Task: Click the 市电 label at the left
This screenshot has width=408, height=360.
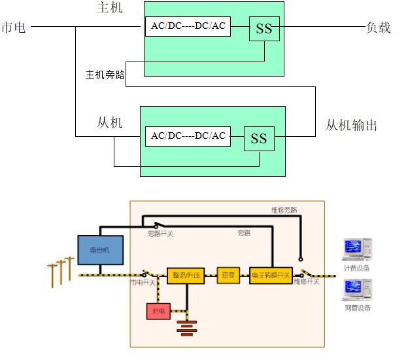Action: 14,27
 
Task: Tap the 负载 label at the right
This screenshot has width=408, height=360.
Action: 378,27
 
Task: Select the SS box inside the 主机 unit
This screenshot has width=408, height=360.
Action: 264,29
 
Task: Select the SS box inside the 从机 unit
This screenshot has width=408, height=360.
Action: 259,138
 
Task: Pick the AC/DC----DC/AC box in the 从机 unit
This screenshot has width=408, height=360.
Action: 188,135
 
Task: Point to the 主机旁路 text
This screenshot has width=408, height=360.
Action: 105,74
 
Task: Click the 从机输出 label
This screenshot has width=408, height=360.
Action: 351,125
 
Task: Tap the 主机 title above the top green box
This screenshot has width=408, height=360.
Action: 109,8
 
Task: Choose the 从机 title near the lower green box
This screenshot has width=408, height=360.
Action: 109,122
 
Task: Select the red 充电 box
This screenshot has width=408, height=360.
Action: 158,312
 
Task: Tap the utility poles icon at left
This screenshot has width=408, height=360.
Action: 59,270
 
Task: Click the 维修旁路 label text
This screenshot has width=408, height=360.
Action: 284,210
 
